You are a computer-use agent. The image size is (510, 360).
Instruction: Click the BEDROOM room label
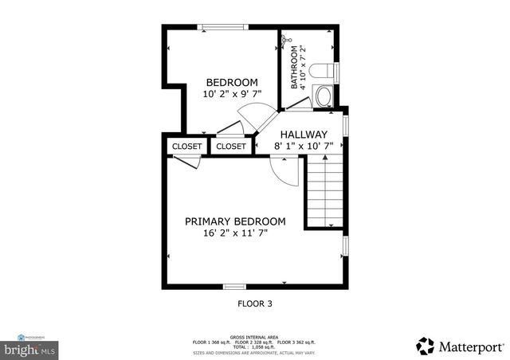[x=232, y=82]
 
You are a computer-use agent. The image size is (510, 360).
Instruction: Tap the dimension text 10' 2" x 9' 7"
[x=232, y=94]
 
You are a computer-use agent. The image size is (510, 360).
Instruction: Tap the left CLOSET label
[x=186, y=147]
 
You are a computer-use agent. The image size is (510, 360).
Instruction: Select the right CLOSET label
[x=231, y=147]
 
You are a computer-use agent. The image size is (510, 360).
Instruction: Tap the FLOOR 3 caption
[x=255, y=303]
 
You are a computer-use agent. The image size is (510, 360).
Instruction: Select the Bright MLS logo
[x=30, y=347]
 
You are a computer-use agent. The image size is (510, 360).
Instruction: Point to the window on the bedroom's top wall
[x=222, y=28]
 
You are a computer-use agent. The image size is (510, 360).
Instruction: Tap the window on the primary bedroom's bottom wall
[x=233, y=287]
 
